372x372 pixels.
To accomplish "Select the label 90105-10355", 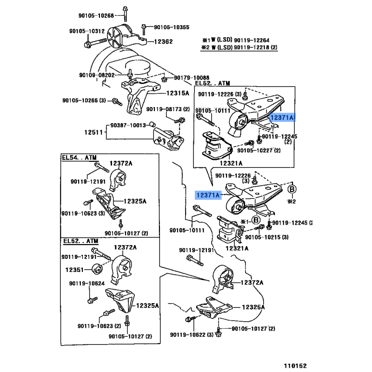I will (172, 27).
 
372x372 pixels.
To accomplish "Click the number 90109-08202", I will (97, 75).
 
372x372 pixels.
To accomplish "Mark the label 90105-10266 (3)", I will (85, 100).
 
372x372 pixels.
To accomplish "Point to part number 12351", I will (74, 269).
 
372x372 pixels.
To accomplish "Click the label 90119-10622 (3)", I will (191, 334).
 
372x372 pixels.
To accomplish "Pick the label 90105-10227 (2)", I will (259, 151).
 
